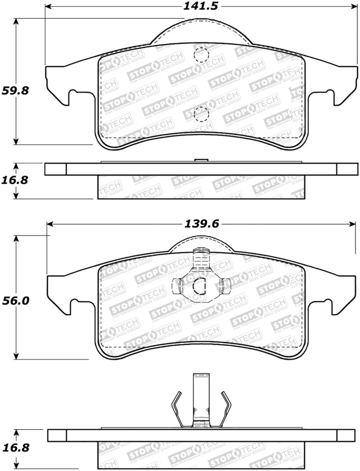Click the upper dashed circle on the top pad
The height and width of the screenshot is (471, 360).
[201, 55]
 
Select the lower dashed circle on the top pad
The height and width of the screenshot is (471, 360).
[201, 114]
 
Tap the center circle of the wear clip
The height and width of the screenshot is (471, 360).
[200, 287]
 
